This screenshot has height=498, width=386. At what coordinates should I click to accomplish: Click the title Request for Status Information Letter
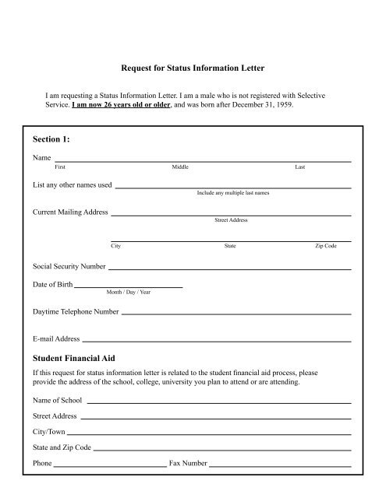pos(193,69)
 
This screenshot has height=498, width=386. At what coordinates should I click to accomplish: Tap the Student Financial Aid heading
pos(74,358)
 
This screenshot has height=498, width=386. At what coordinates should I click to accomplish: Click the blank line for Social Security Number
pos(228,268)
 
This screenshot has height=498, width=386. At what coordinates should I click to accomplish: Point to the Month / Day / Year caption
pos(129,293)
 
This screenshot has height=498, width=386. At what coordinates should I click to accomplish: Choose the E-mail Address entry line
pos(217,340)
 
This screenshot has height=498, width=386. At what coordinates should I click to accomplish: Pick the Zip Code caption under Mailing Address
pos(325,246)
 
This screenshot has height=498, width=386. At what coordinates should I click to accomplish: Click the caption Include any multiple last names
pos(233,192)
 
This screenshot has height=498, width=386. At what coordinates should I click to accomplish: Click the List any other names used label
pos(73,185)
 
